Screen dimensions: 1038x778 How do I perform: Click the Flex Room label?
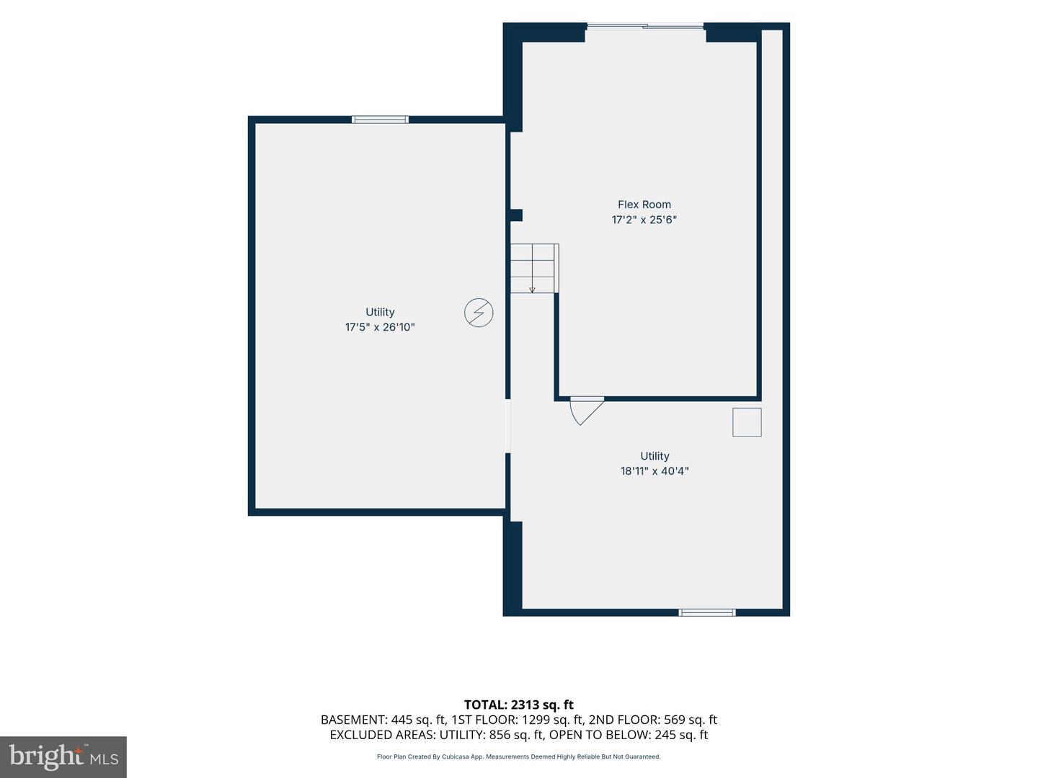[644, 205]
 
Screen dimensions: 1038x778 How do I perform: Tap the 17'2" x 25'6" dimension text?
[644, 220]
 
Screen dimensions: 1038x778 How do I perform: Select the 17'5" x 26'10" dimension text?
[380, 327]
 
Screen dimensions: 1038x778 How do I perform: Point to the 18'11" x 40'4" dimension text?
[655, 471]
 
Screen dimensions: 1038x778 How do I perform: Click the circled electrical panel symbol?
[479, 312]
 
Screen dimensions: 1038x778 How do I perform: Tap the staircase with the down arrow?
[534, 268]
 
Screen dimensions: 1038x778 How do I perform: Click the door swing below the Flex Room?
[586, 411]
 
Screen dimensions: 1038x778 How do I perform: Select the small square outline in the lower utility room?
[748, 422]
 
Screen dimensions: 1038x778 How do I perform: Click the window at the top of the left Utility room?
[380, 120]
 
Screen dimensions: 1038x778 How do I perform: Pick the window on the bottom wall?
[707, 612]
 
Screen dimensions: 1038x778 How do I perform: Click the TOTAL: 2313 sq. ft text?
[519, 705]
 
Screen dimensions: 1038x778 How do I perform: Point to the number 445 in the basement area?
[400, 720]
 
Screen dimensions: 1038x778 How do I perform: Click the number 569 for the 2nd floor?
[673, 720]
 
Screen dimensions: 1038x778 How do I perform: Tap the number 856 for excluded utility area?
[499, 735]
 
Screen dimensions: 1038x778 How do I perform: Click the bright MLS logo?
[63, 756]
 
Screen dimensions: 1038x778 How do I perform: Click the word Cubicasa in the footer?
[454, 756]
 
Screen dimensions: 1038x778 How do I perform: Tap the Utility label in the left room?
[380, 312]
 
